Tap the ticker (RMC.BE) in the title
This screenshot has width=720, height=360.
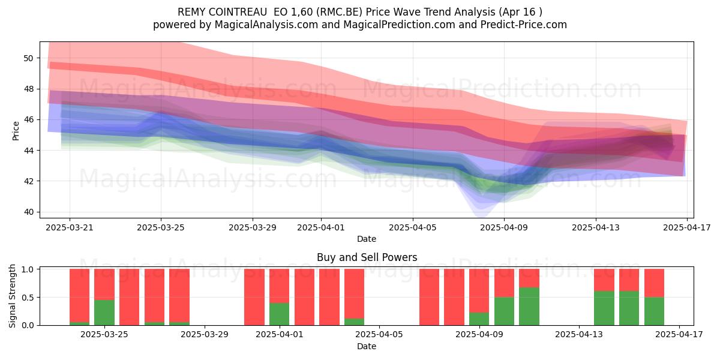[339, 12]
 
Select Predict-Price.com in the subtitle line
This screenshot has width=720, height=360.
[524, 25]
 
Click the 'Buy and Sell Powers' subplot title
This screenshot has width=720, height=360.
[367, 257]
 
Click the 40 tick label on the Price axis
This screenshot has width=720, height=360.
[28, 212]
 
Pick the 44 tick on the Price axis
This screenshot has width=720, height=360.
[28, 151]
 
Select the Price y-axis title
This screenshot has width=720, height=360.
[16, 131]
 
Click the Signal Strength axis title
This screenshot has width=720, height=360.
[12, 296]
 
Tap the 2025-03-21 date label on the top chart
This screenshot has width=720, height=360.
[70, 228]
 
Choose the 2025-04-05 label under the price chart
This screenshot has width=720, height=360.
[413, 228]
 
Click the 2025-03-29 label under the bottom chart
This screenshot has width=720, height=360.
[205, 335]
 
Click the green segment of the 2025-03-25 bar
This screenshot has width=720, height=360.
[104, 313]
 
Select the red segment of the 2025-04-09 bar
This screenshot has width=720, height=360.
[479, 291]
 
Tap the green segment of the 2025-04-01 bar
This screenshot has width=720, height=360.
[280, 314]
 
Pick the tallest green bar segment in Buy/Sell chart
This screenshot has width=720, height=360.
[529, 307]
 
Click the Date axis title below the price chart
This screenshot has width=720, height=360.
[367, 239]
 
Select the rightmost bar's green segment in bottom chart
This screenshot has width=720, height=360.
[654, 311]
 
